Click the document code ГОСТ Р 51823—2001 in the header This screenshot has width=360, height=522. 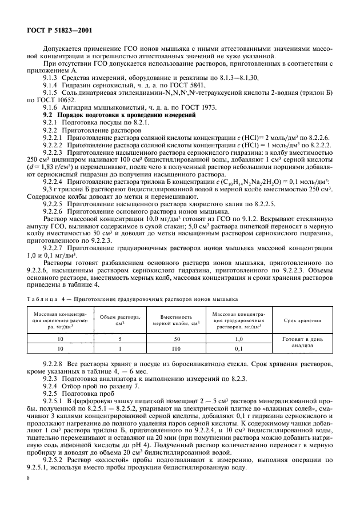coord(57,30)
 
